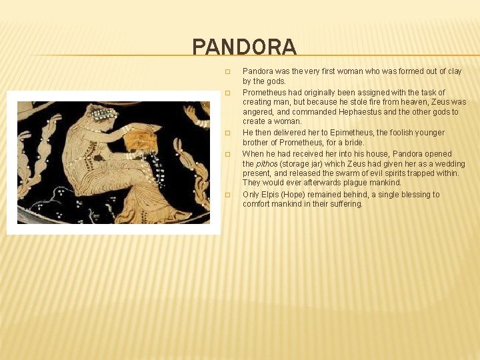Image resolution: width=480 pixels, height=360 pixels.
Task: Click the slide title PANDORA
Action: pyautogui.click(x=244, y=47)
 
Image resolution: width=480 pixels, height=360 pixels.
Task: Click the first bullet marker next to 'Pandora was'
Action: pyautogui.click(x=227, y=71)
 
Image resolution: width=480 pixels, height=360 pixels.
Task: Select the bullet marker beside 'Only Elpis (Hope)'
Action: pyautogui.click(x=227, y=195)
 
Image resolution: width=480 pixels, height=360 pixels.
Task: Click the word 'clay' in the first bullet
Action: pyautogui.click(x=453, y=71)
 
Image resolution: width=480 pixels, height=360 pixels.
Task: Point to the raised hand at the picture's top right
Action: pyautogui.click(x=195, y=114)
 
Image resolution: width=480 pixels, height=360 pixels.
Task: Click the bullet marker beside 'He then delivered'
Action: pyautogui.click(x=227, y=133)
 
